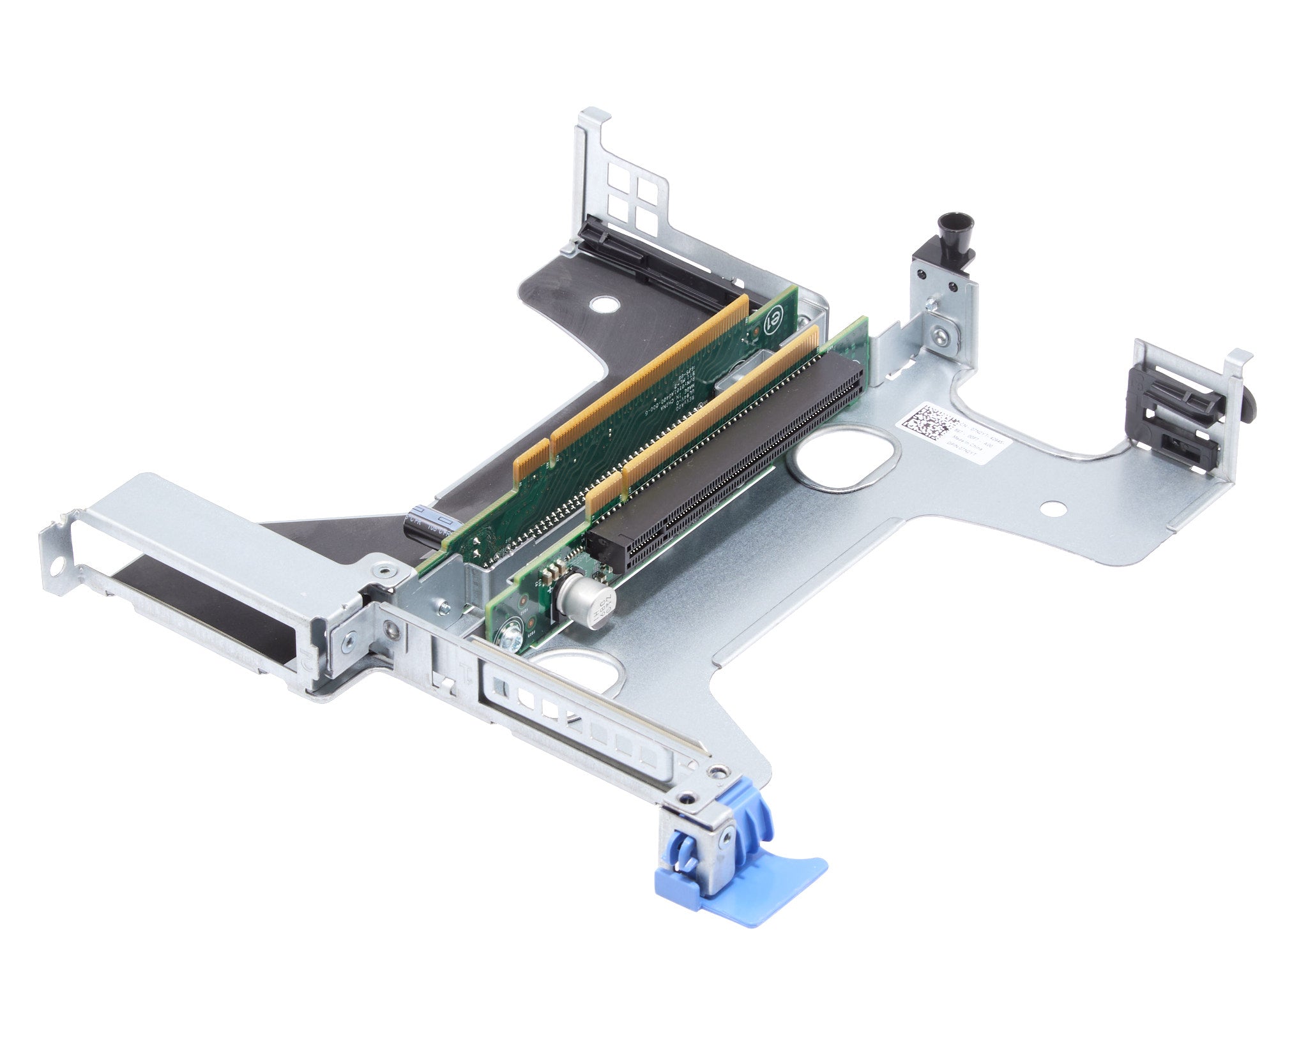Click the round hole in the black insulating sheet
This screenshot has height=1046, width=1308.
click(x=600, y=304)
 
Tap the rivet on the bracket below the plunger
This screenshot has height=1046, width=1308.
click(x=940, y=332)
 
